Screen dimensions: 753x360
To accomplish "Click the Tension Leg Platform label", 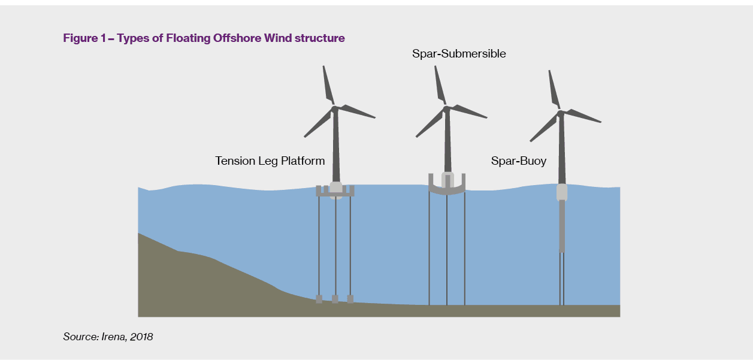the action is (270, 161).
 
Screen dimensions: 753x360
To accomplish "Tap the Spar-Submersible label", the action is (459, 54).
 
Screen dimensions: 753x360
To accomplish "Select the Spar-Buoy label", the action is (518, 161).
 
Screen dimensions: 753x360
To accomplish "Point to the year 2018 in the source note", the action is (141, 337).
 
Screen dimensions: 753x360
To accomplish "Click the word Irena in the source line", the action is (114, 337).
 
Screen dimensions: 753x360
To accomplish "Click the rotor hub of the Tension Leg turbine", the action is (334, 109).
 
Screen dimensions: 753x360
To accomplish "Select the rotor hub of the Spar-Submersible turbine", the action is (446, 109).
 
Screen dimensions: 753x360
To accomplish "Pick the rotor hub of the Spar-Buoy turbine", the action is (560, 113).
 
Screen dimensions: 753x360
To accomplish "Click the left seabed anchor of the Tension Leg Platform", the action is (319, 299).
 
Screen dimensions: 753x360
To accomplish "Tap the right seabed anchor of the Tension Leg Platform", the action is (350, 299).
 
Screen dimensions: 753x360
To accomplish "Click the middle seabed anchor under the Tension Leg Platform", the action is (335, 299).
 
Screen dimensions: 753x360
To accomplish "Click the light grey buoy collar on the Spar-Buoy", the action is (562, 192).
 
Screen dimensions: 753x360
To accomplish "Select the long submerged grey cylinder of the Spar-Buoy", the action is (562, 226).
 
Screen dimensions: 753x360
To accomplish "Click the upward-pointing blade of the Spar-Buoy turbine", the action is (554, 89).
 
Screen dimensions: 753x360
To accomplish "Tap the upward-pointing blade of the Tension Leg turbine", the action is (328, 85).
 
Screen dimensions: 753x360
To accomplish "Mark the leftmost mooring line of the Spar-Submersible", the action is (429, 249).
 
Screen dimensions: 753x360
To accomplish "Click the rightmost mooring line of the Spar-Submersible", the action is (465, 249).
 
